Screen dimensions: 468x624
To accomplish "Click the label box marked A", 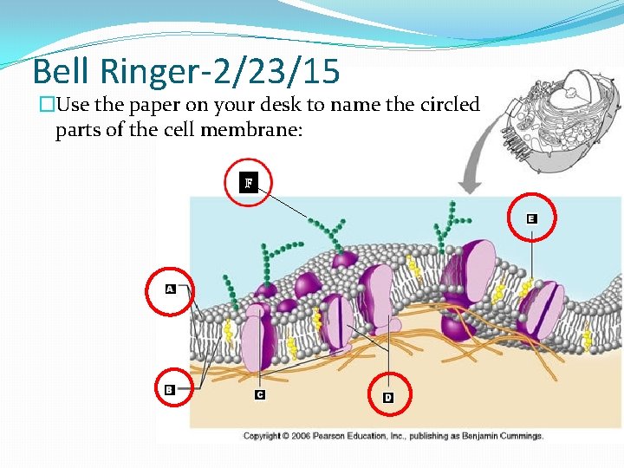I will click(x=170, y=289).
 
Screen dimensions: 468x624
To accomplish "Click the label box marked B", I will click(x=169, y=390).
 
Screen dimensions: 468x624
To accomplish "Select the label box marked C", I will click(x=259, y=395).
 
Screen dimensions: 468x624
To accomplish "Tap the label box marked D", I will click(x=388, y=397).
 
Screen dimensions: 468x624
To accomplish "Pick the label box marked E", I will click(x=531, y=219).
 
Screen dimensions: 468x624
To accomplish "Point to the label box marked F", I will click(x=249, y=183).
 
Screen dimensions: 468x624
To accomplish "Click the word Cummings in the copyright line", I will click(x=517, y=435).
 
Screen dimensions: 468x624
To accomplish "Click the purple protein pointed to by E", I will click(x=540, y=308).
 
